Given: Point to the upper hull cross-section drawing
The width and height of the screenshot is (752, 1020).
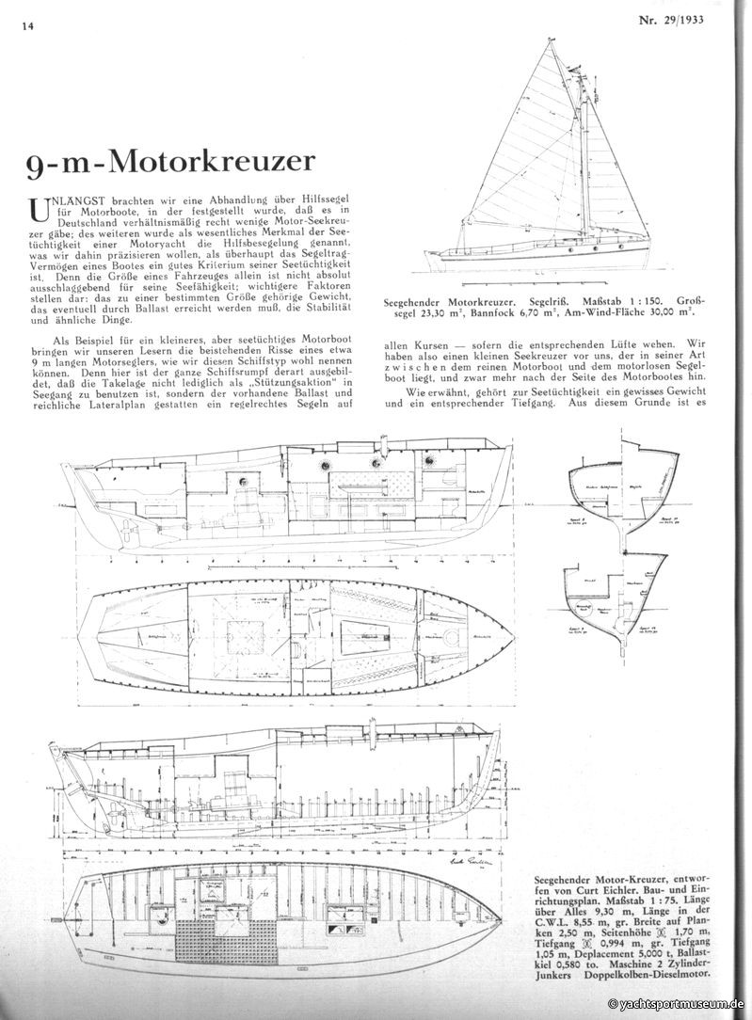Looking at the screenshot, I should click(x=617, y=494).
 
